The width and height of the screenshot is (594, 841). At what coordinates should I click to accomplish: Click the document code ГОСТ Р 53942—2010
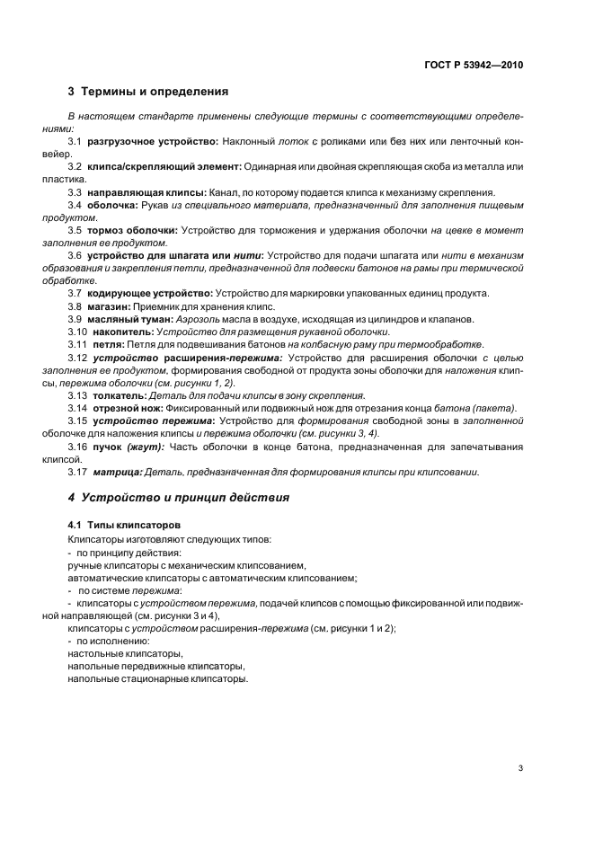pyautogui.click(x=473, y=65)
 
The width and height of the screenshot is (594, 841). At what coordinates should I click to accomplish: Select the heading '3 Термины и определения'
pyautogui.click(x=147, y=92)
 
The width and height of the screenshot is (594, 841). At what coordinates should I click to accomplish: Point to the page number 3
pyautogui.click(x=520, y=768)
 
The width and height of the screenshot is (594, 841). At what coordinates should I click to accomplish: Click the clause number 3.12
pyautogui.click(x=78, y=357)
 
